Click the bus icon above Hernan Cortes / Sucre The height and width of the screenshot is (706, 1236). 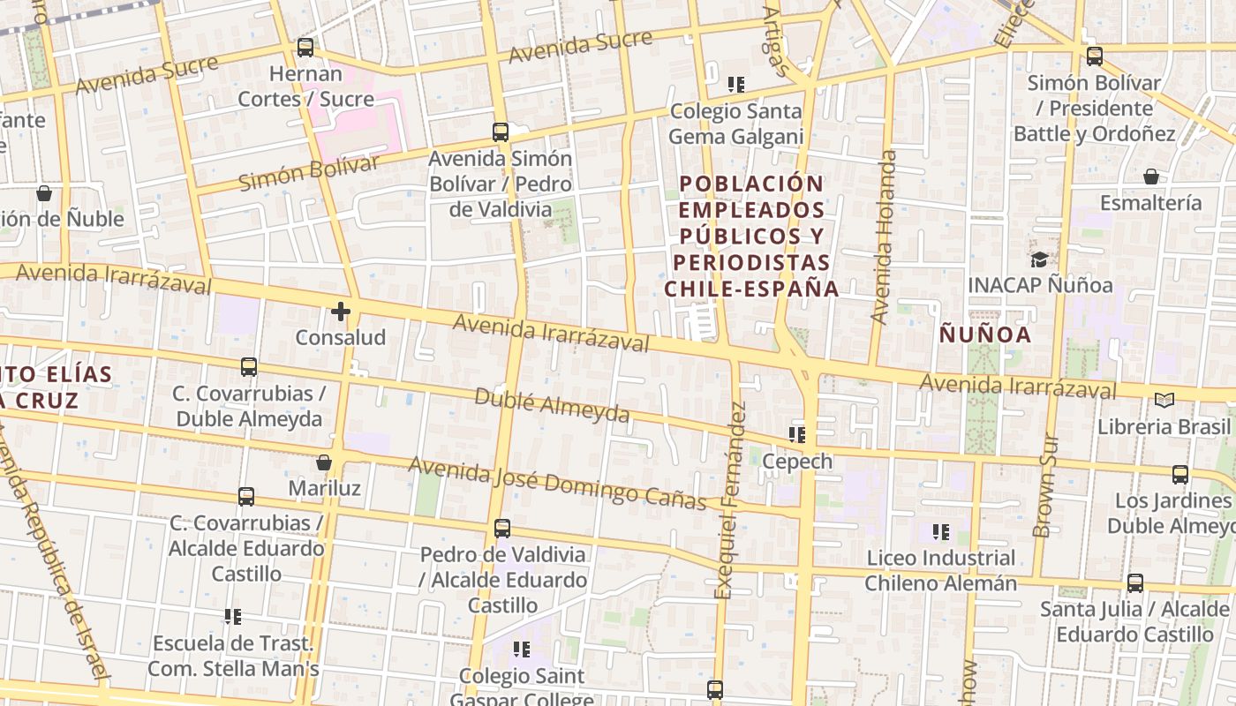click(x=305, y=47)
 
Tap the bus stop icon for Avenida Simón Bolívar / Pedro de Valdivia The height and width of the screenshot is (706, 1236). click(x=501, y=132)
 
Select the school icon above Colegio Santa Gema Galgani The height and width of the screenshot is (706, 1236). click(x=736, y=85)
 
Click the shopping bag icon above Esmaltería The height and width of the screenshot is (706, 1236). click(x=1151, y=176)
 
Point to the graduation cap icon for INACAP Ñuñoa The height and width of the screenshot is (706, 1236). click(x=1039, y=259)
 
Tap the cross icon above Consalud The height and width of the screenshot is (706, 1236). click(x=341, y=311)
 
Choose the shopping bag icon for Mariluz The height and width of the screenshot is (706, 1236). click(x=324, y=462)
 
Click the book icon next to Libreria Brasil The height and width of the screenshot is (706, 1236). click(x=1164, y=400)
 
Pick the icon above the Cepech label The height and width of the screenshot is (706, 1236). click(x=797, y=434)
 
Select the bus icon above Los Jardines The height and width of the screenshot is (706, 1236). click(x=1180, y=475)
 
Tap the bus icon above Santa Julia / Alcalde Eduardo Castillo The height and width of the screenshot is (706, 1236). click(x=1135, y=583)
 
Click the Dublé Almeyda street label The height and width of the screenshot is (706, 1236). click(x=552, y=405)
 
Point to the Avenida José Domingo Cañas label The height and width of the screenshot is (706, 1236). click(x=557, y=483)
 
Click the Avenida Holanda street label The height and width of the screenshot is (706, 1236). click(x=883, y=237)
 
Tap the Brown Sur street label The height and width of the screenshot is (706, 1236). click(x=1044, y=485)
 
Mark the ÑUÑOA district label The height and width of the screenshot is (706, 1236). click(x=984, y=335)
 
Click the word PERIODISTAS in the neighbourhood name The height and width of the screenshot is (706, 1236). click(x=751, y=263)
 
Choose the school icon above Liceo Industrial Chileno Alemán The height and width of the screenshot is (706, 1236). click(x=941, y=532)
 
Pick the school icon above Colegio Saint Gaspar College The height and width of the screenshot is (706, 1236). click(x=522, y=650)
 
